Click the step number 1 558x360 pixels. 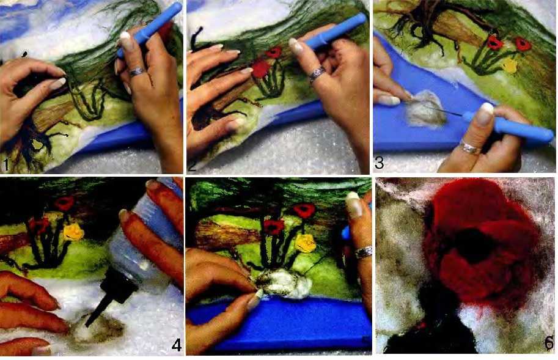coord(6,165)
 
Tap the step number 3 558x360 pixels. coord(379,163)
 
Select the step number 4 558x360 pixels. coord(177,345)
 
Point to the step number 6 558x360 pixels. coord(549,343)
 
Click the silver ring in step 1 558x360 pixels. coord(137,72)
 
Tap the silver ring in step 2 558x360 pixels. coord(317,74)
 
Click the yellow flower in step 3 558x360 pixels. coord(510,65)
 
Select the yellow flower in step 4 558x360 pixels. coord(73,232)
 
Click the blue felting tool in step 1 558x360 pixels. coord(150,29)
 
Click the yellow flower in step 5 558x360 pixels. coord(306,243)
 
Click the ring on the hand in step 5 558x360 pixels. coord(363,252)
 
